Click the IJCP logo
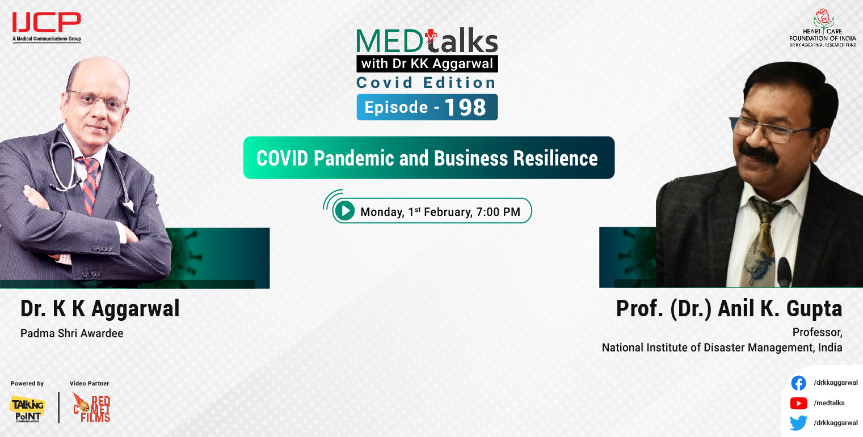click(47, 24)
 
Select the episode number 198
click(465, 107)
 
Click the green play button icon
click(344, 211)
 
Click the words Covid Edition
click(426, 83)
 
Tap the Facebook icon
click(798, 383)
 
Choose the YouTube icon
click(798, 403)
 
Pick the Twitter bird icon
click(798, 423)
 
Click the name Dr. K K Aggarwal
click(100, 309)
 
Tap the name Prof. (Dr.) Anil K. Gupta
click(729, 309)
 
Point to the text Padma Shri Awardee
click(71, 333)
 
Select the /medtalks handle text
click(829, 403)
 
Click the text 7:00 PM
click(499, 213)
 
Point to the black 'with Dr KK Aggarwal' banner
click(427, 63)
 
